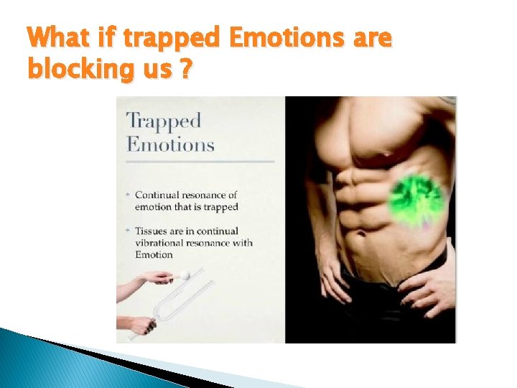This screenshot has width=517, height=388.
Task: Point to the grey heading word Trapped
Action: click(164, 121)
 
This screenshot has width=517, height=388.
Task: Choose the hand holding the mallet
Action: click(154, 277)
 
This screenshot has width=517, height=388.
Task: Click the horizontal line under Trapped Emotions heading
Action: click(200, 161)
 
